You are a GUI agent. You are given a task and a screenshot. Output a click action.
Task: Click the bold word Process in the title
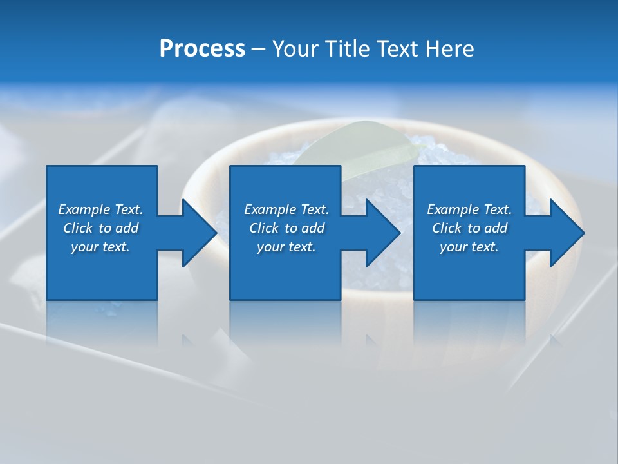click(202, 49)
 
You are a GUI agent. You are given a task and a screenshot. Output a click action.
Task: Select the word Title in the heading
click(348, 49)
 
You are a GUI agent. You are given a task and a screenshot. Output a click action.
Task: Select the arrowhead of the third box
click(566, 233)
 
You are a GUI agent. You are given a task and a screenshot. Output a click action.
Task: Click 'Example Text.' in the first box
click(100, 209)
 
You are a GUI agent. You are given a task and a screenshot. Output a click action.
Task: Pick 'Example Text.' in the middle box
click(286, 209)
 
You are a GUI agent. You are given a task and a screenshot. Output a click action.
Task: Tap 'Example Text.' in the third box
click(469, 209)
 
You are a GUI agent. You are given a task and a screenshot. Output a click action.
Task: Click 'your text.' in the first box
click(100, 247)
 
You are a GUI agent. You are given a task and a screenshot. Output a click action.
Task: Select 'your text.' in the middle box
click(286, 247)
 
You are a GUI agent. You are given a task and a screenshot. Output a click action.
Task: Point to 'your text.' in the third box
click(469, 247)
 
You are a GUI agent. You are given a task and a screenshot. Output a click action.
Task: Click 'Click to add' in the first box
click(100, 228)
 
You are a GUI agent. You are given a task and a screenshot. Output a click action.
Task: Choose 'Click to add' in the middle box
click(286, 228)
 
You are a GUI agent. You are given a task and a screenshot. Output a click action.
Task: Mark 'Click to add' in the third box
click(469, 228)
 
